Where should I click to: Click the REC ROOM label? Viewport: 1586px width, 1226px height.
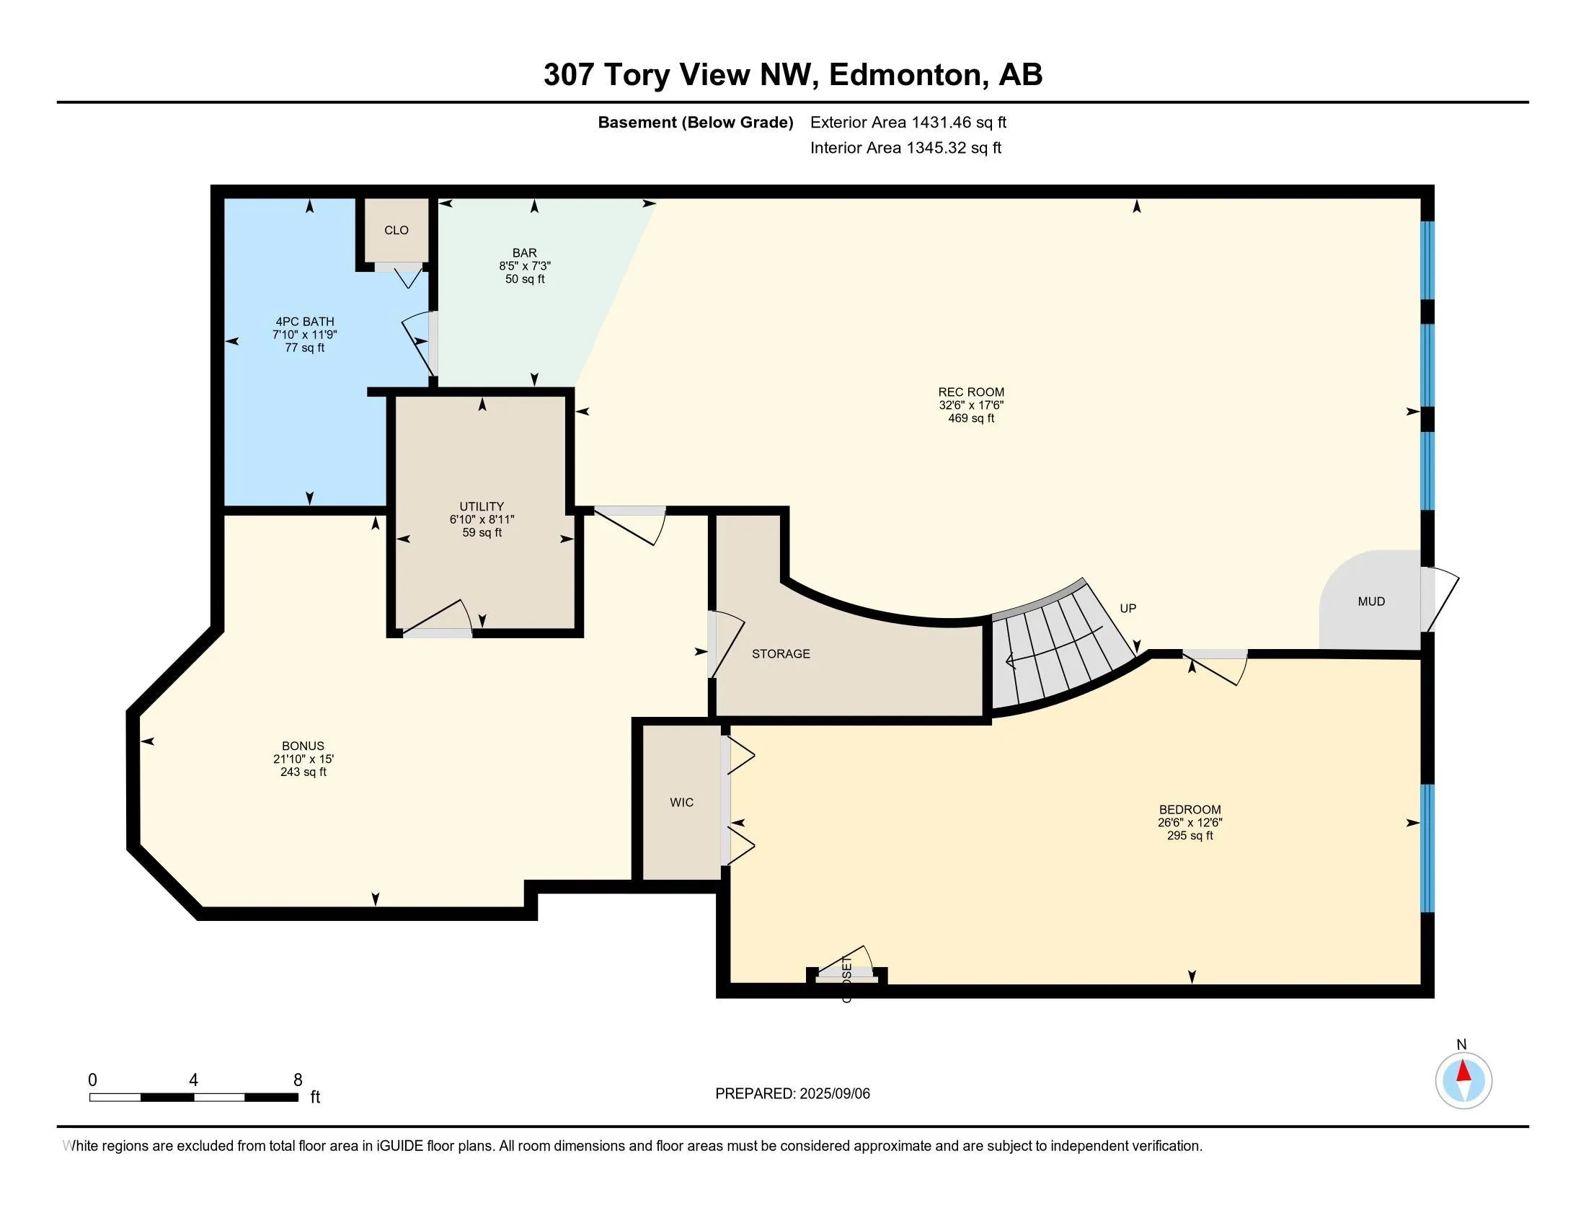click(x=970, y=392)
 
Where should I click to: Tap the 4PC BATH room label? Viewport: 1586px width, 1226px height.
click(x=304, y=322)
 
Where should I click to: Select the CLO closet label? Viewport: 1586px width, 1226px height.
click(x=396, y=230)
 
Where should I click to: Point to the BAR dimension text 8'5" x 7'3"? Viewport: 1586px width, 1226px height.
click(x=524, y=266)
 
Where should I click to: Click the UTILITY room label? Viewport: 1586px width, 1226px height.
click(x=482, y=506)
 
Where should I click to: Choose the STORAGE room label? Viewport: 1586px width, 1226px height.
click(x=781, y=653)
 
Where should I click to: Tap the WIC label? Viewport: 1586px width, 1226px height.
click(x=681, y=803)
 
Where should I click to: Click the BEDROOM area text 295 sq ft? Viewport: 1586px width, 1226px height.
click(x=1189, y=836)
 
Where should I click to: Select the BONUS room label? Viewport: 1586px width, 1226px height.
click(x=303, y=746)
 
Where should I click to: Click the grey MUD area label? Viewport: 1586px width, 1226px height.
click(x=1371, y=601)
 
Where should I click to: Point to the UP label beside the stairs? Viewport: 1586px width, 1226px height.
click(x=1127, y=609)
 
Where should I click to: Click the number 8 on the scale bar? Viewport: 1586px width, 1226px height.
click(x=297, y=1080)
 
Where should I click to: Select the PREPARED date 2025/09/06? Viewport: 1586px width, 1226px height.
click(x=833, y=1094)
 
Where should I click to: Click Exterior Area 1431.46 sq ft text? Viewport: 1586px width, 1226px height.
click(x=908, y=122)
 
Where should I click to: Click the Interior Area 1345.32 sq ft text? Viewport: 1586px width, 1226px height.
click(x=905, y=148)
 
